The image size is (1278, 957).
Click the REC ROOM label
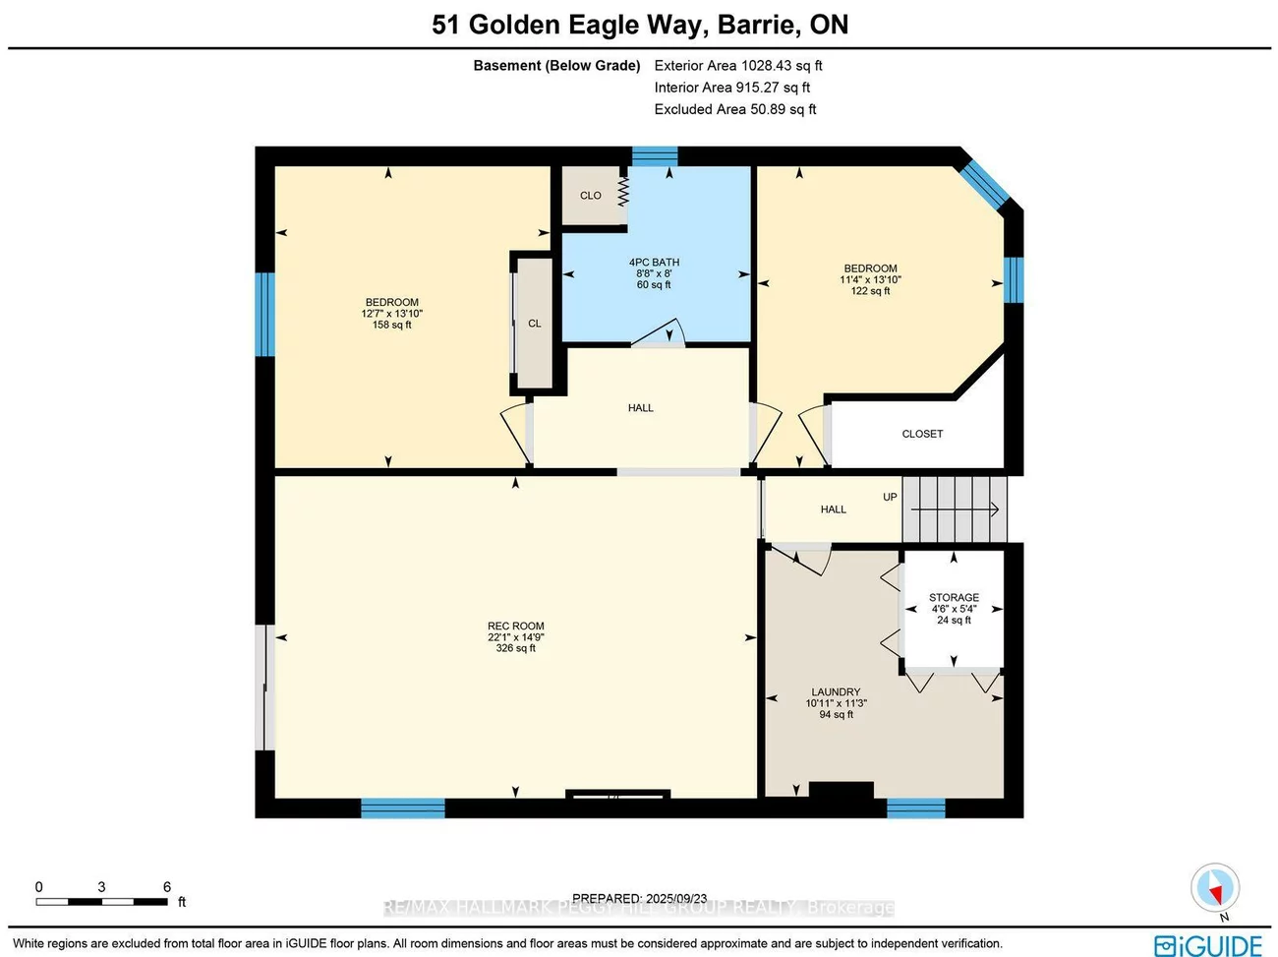(515, 627)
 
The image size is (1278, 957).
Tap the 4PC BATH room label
(654, 263)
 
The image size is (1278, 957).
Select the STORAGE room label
(954, 598)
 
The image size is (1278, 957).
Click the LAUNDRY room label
(836, 692)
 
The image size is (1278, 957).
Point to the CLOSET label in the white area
(922, 434)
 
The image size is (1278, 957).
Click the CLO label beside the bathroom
(590, 196)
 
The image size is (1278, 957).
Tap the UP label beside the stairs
(890, 498)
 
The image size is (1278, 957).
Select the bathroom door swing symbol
(660, 334)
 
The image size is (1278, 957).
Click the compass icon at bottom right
(1215, 889)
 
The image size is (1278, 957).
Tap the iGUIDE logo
(1208, 945)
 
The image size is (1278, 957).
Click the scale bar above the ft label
(102, 901)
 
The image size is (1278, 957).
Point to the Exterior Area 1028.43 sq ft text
(738, 66)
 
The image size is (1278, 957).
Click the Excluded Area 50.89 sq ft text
(735, 109)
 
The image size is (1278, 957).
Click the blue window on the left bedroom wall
(264, 314)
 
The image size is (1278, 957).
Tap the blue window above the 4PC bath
(654, 156)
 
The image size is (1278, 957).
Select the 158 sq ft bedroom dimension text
(391, 325)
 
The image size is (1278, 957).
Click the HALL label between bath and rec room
(640, 408)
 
